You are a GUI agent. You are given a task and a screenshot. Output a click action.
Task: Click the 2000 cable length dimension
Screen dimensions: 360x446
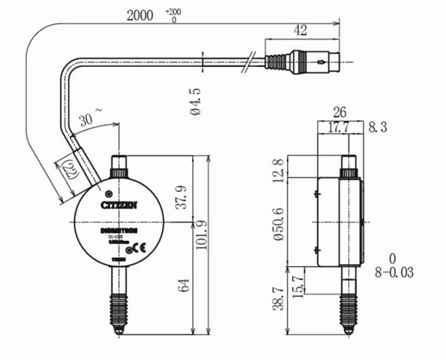[141, 15]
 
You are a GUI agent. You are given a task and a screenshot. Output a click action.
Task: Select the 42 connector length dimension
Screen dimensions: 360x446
[300, 30]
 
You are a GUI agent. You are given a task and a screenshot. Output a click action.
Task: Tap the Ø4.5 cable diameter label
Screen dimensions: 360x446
[197, 101]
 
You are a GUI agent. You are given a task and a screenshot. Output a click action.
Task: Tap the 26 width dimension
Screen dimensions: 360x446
[339, 112]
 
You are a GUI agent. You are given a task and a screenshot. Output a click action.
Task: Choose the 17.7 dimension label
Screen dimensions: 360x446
[339, 129]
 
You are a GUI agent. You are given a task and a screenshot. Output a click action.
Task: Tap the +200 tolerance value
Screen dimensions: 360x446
[172, 12]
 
